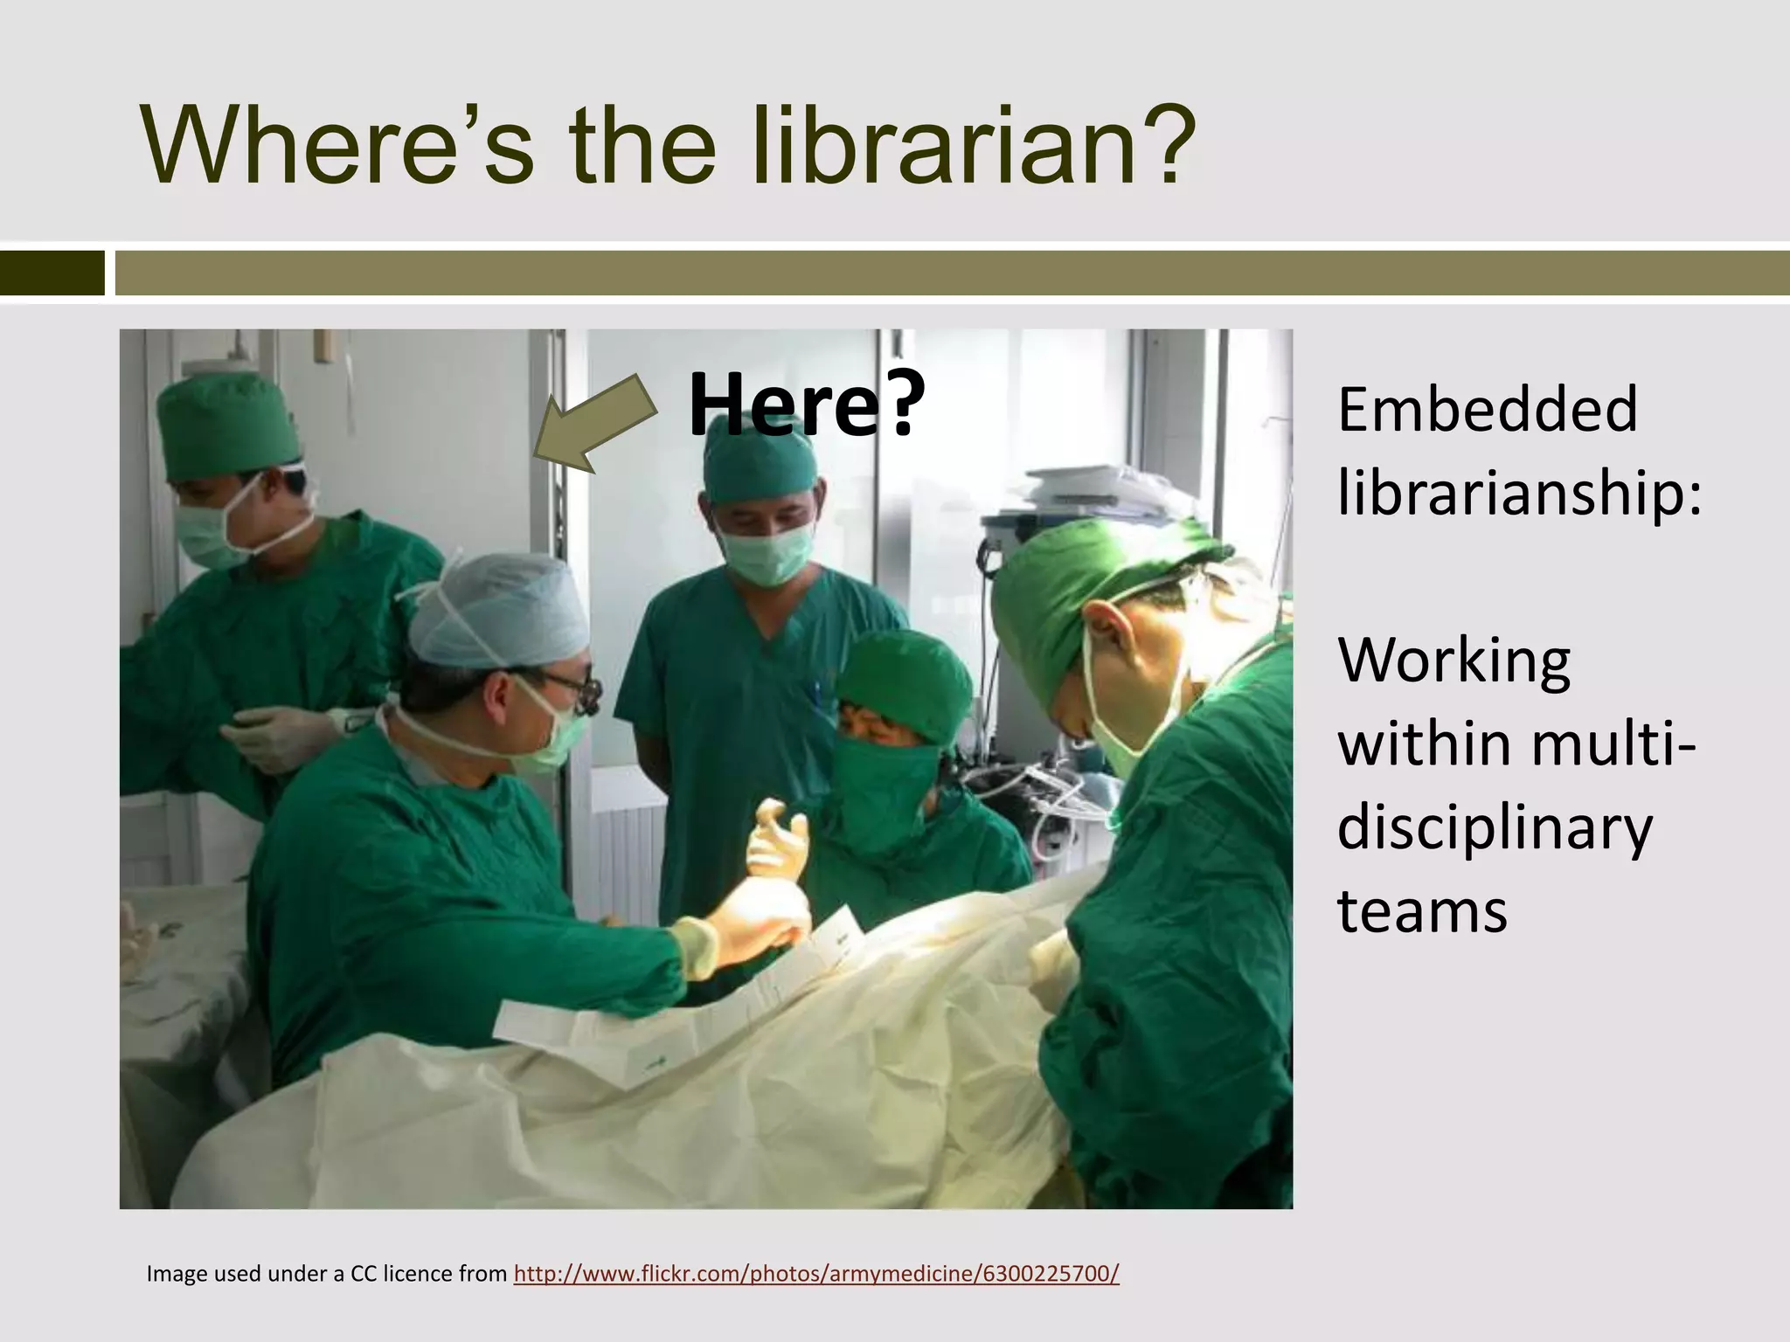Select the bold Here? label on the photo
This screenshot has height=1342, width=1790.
pos(805,405)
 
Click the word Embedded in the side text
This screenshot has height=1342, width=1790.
pos(1487,411)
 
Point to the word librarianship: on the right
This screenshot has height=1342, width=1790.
pos(1519,494)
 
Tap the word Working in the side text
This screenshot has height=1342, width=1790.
pos(1454,661)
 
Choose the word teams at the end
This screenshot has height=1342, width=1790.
pos(1422,911)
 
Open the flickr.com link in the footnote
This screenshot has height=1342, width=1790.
pos(815,1274)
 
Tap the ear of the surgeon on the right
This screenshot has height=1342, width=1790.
pos(1103,626)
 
